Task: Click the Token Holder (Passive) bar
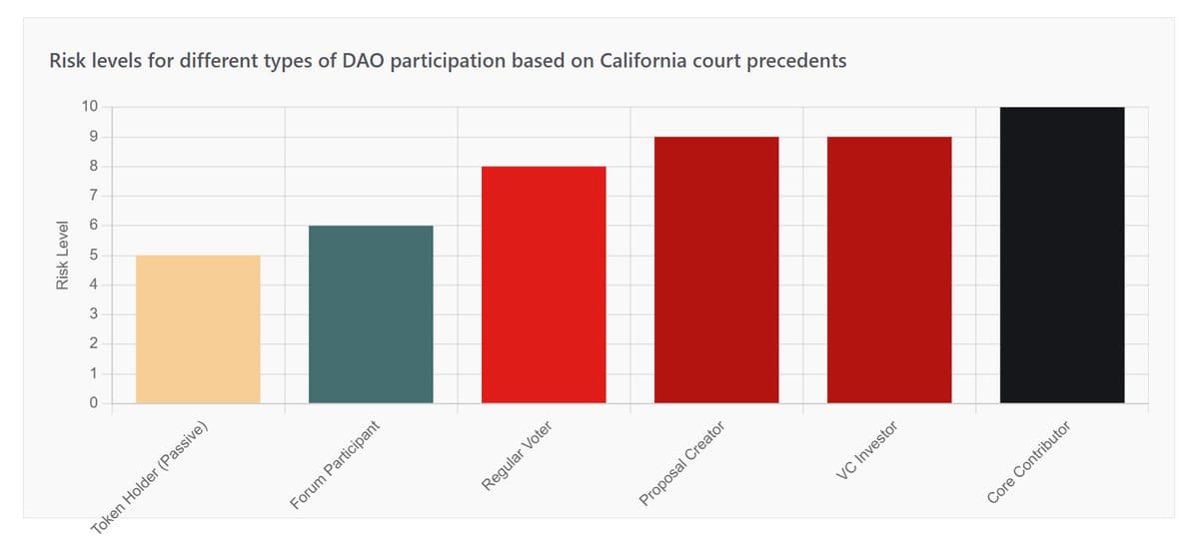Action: coord(198,329)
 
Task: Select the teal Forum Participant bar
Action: coord(371,314)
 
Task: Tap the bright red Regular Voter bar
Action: coord(544,284)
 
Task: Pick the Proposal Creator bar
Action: coord(716,269)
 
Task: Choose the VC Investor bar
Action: coord(889,269)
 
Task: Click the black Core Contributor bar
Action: coord(1062,255)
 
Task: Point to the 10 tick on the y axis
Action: coord(90,107)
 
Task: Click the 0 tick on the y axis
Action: coord(93,403)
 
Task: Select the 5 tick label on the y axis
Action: coord(93,256)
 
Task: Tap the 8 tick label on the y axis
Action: coord(93,167)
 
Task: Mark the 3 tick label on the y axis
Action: coord(93,314)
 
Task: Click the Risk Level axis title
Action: coord(63,256)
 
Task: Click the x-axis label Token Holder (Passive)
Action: coord(156,474)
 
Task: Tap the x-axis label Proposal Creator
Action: coord(682,464)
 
